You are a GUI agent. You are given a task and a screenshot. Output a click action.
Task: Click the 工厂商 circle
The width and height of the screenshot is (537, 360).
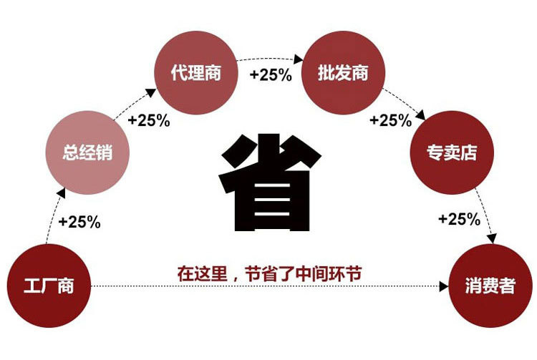tap(49, 286)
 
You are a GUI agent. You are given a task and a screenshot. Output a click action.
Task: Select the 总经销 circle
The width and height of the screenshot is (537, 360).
tap(87, 152)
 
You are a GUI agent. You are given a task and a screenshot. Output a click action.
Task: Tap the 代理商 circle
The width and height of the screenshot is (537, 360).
tap(196, 72)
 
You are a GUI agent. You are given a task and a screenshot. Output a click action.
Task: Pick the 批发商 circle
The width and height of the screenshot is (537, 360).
tap(343, 72)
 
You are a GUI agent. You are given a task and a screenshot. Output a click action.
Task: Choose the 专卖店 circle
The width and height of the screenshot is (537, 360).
tap(452, 152)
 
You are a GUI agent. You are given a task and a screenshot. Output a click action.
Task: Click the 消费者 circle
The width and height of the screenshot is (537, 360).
tap(490, 286)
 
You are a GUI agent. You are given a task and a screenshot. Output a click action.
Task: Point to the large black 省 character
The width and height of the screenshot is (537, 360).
tap(270, 183)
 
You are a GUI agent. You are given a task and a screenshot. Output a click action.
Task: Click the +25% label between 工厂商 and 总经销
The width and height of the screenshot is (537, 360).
tap(79, 221)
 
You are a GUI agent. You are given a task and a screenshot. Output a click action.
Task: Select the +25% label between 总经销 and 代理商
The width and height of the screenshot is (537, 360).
tap(149, 120)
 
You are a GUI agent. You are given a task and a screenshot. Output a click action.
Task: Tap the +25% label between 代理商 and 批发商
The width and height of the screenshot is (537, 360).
tap(271, 74)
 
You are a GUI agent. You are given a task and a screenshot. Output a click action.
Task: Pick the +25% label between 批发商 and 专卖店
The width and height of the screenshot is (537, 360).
tap(391, 120)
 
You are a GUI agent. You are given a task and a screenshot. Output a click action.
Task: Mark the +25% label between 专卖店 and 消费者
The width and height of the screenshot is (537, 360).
tap(459, 219)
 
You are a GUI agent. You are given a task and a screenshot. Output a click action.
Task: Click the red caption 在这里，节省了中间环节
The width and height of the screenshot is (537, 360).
tap(269, 273)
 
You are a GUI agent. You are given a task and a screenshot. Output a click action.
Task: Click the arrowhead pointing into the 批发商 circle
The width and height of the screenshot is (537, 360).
tap(299, 59)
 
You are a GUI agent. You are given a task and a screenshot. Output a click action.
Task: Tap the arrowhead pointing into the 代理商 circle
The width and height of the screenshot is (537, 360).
tap(151, 92)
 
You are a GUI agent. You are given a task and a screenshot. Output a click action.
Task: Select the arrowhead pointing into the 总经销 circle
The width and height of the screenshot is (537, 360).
tap(62, 193)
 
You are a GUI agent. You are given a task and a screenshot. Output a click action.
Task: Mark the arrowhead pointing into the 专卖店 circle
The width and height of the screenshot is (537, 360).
tap(420, 115)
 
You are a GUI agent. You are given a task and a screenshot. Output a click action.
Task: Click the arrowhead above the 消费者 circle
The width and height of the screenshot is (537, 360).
tap(492, 238)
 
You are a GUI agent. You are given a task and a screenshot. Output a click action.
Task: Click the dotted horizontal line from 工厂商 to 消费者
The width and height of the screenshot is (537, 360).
tap(266, 286)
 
